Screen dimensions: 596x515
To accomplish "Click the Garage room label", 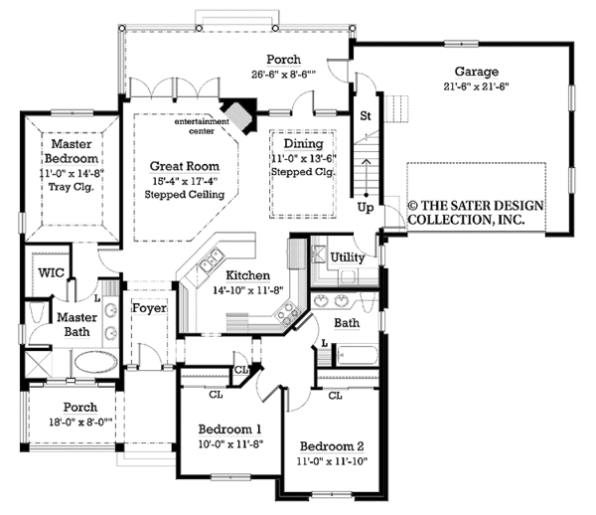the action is [476, 72].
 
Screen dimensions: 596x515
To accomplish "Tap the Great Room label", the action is [185, 166].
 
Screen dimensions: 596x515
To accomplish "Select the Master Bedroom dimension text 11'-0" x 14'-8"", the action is [72, 173].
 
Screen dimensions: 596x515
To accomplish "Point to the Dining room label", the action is [303, 144].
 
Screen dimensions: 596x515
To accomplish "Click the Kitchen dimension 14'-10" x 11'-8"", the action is [248, 290].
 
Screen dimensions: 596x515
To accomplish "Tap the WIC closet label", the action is [51, 272].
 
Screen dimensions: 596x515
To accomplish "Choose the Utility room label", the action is [347, 257].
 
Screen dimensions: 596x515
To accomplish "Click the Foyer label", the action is [149, 308].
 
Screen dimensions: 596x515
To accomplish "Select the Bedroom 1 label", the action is [229, 429].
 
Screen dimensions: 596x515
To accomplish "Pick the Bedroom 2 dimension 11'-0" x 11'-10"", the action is [332, 461].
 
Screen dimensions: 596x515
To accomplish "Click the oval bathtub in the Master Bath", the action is [95, 361].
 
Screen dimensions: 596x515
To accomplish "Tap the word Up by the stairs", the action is [366, 208].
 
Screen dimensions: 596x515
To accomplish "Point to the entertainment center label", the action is [202, 126].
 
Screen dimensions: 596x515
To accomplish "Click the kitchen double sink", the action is [211, 259].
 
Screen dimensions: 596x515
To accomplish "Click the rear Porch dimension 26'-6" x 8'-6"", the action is [283, 75].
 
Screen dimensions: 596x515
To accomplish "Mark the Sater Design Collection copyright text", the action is [476, 213].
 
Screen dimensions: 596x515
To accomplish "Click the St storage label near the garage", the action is [365, 115].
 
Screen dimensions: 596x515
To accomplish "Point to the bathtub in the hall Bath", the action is [357, 356].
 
